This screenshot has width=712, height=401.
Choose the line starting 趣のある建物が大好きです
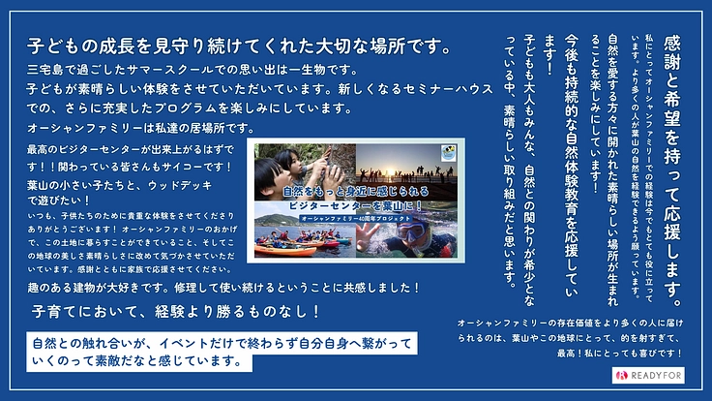point(222,288)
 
